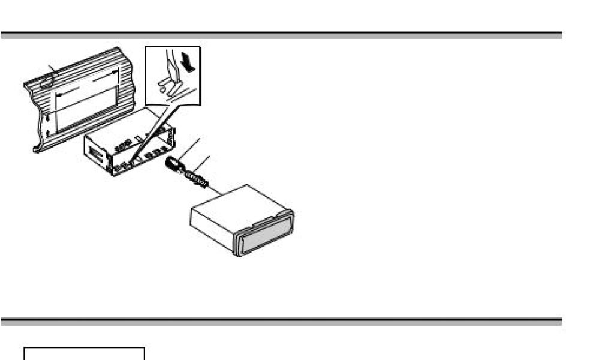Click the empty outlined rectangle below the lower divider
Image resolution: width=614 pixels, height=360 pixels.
[84, 353]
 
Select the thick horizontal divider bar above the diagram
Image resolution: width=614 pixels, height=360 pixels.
[281, 35]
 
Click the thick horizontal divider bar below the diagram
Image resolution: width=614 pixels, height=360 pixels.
[281, 322]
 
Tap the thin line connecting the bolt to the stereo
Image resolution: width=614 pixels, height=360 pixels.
[216, 191]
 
